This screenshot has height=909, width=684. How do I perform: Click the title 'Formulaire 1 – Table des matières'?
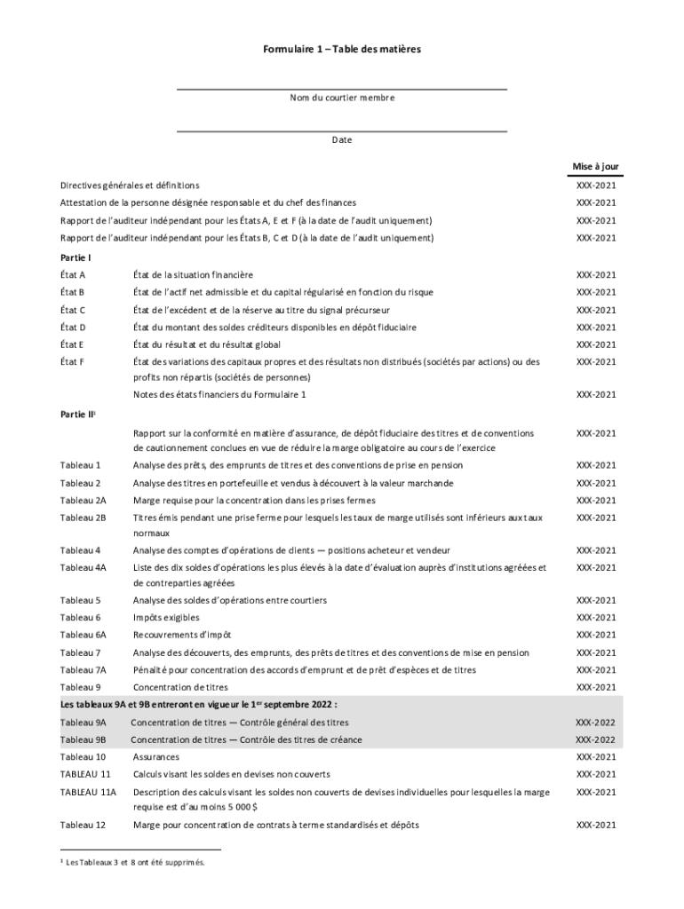[x=341, y=50]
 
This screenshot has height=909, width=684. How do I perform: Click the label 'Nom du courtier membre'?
[x=342, y=98]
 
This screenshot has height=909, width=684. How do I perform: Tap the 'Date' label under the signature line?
[x=342, y=140]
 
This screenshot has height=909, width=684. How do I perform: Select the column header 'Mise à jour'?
[x=595, y=166]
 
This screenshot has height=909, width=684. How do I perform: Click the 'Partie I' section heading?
[x=76, y=257]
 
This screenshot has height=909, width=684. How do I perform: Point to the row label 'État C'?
[x=73, y=310]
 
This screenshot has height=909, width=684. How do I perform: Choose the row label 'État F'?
[x=73, y=362]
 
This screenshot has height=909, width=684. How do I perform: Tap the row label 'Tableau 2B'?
[x=83, y=518]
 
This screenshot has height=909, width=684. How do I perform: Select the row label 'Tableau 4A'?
[x=83, y=567]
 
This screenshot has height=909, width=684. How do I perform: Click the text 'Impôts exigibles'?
[x=166, y=618]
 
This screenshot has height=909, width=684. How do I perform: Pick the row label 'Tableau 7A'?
[x=83, y=670]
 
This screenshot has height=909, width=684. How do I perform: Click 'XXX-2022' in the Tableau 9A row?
[x=595, y=723]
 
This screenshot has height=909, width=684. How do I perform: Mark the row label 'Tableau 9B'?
[x=83, y=739]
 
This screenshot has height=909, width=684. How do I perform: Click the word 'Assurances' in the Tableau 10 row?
[x=156, y=757]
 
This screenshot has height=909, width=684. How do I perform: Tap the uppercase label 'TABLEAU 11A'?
[x=88, y=792]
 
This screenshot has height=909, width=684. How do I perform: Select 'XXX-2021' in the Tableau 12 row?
[x=595, y=826]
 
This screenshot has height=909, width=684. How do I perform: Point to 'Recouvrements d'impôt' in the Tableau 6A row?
[x=182, y=635]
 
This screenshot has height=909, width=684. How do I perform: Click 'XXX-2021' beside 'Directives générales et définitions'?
[x=595, y=186]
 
